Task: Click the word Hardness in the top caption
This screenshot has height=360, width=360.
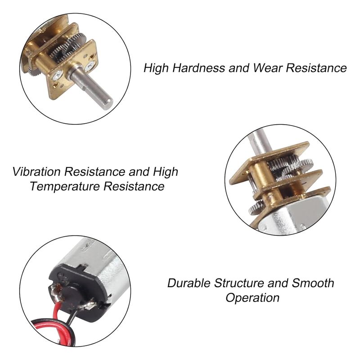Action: (198, 68)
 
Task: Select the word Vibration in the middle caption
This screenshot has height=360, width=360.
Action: (36, 171)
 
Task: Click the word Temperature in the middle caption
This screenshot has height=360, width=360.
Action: (65, 186)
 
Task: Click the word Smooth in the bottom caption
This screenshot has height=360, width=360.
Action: (313, 283)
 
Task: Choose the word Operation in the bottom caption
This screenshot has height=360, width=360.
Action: (252, 298)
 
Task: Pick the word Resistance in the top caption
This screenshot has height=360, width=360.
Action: (316, 68)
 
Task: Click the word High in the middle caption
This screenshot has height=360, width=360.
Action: (166, 171)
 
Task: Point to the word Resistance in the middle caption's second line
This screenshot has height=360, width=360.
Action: (134, 186)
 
